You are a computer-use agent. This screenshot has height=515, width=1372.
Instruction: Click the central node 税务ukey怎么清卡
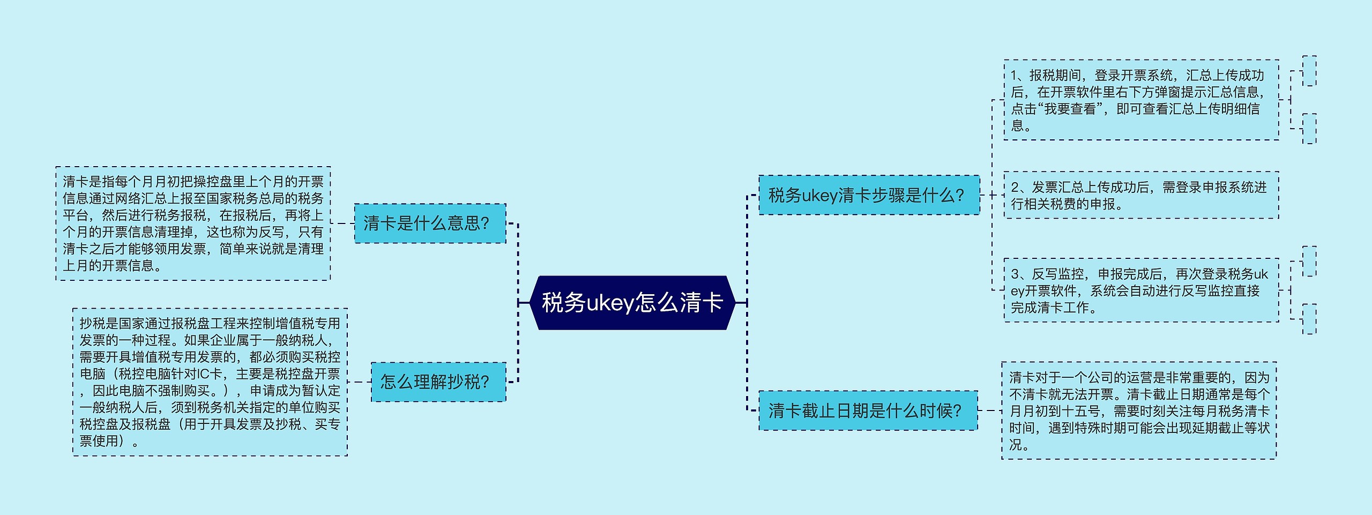632,303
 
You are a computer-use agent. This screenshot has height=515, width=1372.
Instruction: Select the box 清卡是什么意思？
430,223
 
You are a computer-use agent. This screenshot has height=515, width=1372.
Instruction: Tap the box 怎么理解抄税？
438,382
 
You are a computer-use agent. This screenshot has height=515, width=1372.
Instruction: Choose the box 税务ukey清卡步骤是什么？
869,195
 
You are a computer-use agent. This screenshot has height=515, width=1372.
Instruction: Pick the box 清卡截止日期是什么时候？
868,410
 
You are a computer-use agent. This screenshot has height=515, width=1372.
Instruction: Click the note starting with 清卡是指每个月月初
193,223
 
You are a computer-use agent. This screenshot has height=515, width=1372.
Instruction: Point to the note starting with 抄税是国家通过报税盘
210,382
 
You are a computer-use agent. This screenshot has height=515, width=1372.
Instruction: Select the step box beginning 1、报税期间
1141,100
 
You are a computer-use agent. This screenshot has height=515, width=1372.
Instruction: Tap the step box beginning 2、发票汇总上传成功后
1141,195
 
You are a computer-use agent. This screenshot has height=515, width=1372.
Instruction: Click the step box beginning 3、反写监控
1141,290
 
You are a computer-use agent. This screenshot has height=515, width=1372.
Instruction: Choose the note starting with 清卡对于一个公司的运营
1139,410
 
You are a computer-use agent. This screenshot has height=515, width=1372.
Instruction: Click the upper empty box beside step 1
1309,71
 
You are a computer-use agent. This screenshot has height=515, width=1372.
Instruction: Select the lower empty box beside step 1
1309,129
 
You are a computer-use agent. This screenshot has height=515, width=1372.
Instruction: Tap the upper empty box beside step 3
1309,262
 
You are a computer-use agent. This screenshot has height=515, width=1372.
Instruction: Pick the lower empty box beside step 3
1309,319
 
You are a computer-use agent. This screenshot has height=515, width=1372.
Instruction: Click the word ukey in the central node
610,303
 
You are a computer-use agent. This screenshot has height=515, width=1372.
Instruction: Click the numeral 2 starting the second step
1015,187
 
